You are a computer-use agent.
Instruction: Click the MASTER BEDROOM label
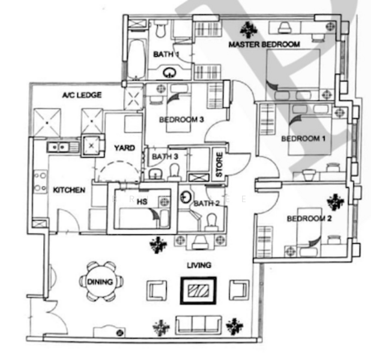[x=264, y=45]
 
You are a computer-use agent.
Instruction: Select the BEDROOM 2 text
[x=309, y=218]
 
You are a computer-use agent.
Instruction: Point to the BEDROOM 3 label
[x=181, y=120]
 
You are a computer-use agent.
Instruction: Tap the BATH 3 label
[x=165, y=157]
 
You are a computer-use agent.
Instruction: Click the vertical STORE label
[x=220, y=166]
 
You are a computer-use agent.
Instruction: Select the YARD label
[x=124, y=148]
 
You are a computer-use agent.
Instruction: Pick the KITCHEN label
[x=69, y=190]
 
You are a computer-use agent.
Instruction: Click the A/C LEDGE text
[x=82, y=95]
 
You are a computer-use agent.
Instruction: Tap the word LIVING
[x=199, y=265]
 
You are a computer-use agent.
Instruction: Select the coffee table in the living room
[x=198, y=290]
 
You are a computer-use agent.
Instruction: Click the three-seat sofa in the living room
[x=198, y=324]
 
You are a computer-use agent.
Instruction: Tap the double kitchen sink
[x=59, y=146]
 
